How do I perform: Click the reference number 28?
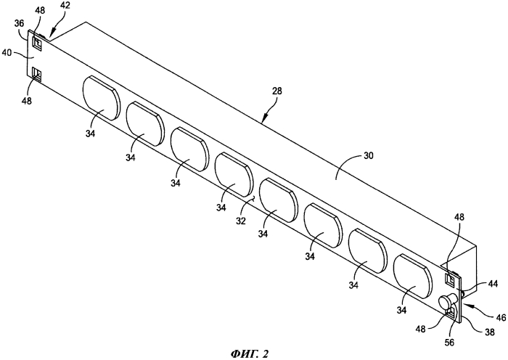[277, 91]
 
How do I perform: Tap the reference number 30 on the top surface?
[368, 156]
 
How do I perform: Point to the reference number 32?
[241, 221]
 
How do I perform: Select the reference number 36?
[20, 23]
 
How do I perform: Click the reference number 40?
[7, 52]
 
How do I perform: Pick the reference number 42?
[65, 6]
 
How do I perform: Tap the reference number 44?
[493, 285]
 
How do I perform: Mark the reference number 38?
[490, 332]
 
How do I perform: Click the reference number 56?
[449, 342]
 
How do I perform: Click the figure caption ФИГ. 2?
[250, 353]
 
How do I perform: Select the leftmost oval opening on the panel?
[102, 98]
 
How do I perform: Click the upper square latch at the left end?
[37, 42]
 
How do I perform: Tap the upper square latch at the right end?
[451, 278]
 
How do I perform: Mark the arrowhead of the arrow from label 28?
[263, 120]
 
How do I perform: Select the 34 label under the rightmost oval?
[402, 310]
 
